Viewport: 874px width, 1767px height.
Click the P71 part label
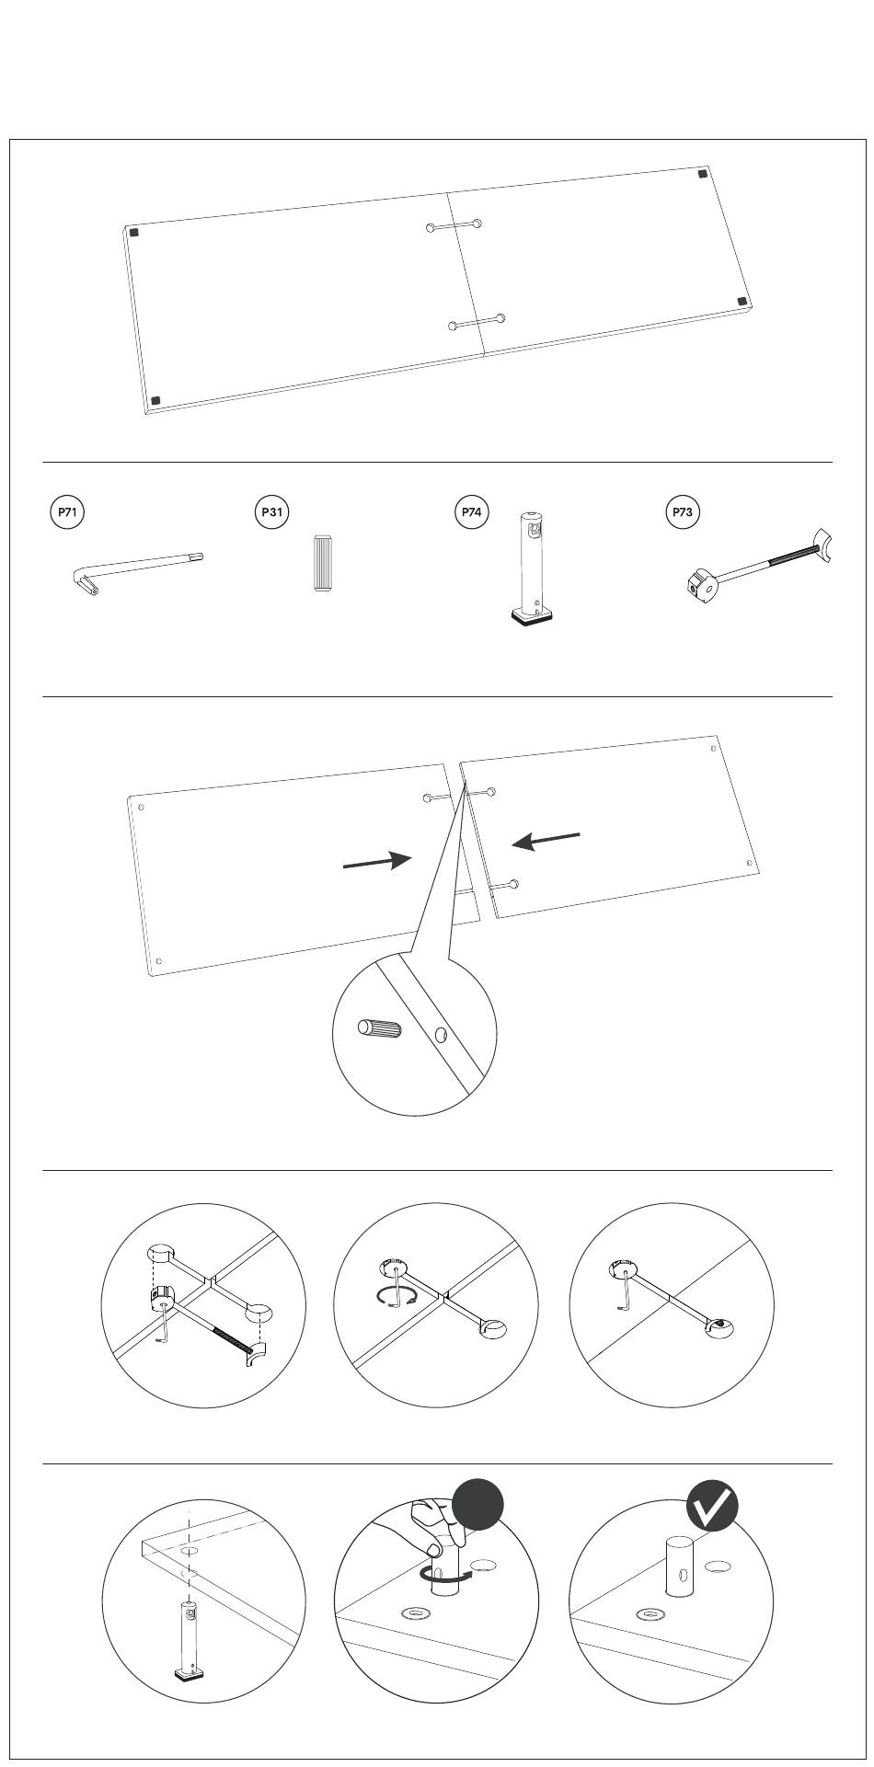pos(66,512)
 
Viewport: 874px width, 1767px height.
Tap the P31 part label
pos(271,512)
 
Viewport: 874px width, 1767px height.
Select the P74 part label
pos(471,512)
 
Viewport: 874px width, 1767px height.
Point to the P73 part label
pos(683,512)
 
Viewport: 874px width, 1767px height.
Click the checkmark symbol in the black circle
pos(713,1506)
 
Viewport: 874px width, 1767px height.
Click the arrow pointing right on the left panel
pos(376,862)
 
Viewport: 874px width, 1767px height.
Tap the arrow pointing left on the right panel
pos(546,840)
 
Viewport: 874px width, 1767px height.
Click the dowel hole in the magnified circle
pos(442,1036)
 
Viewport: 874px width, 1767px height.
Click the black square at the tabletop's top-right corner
pos(703,173)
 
